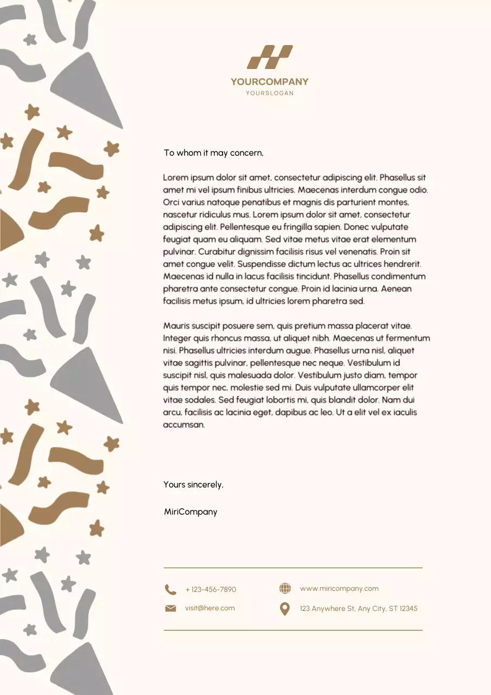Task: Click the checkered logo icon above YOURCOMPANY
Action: click(270, 57)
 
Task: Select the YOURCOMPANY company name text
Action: click(270, 82)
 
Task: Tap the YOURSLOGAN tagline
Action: click(270, 93)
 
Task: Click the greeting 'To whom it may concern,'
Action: click(214, 153)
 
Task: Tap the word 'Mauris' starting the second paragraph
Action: click(176, 326)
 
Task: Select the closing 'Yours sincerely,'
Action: click(194, 485)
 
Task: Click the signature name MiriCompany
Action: click(190, 512)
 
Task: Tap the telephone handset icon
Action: click(170, 590)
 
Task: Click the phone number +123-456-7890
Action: click(211, 590)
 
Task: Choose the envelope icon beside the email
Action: click(170, 609)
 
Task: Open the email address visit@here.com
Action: click(210, 608)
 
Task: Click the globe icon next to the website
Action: click(285, 589)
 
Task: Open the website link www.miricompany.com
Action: click(339, 589)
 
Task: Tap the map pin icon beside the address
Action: click(285, 609)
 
